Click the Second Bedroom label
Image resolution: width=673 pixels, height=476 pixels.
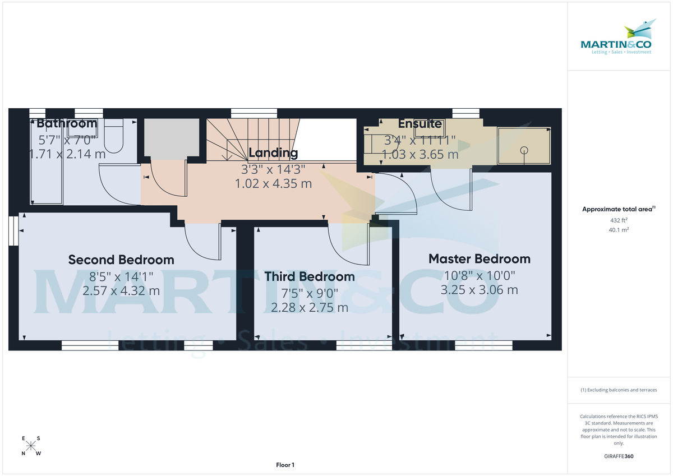tap(121, 260)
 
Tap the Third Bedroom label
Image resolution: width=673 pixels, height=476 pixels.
tap(310, 276)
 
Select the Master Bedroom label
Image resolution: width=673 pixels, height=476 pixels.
tap(479, 258)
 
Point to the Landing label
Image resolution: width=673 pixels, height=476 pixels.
tap(273, 152)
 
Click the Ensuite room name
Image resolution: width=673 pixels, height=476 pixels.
tap(420, 124)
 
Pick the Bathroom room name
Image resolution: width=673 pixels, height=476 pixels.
tap(67, 123)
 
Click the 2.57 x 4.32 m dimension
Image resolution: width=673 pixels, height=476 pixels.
tap(121, 291)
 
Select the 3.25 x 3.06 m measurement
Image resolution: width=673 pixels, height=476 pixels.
tap(479, 290)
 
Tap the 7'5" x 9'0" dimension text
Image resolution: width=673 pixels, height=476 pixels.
tap(310, 292)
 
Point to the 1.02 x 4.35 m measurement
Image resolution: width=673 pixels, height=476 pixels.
tap(273, 183)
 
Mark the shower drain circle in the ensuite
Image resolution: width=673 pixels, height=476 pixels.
tap(524, 150)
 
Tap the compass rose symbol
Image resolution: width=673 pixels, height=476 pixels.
tap(31, 446)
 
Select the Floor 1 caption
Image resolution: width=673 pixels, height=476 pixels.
tap(285, 465)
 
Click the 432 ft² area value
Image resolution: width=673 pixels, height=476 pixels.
tap(619, 220)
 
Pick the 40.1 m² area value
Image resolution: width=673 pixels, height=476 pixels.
tap(619, 229)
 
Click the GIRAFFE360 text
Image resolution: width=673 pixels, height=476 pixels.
tap(619, 456)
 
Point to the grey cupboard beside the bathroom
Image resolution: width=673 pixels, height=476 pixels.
tap(172, 137)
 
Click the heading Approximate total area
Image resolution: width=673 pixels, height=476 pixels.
tap(618, 209)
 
